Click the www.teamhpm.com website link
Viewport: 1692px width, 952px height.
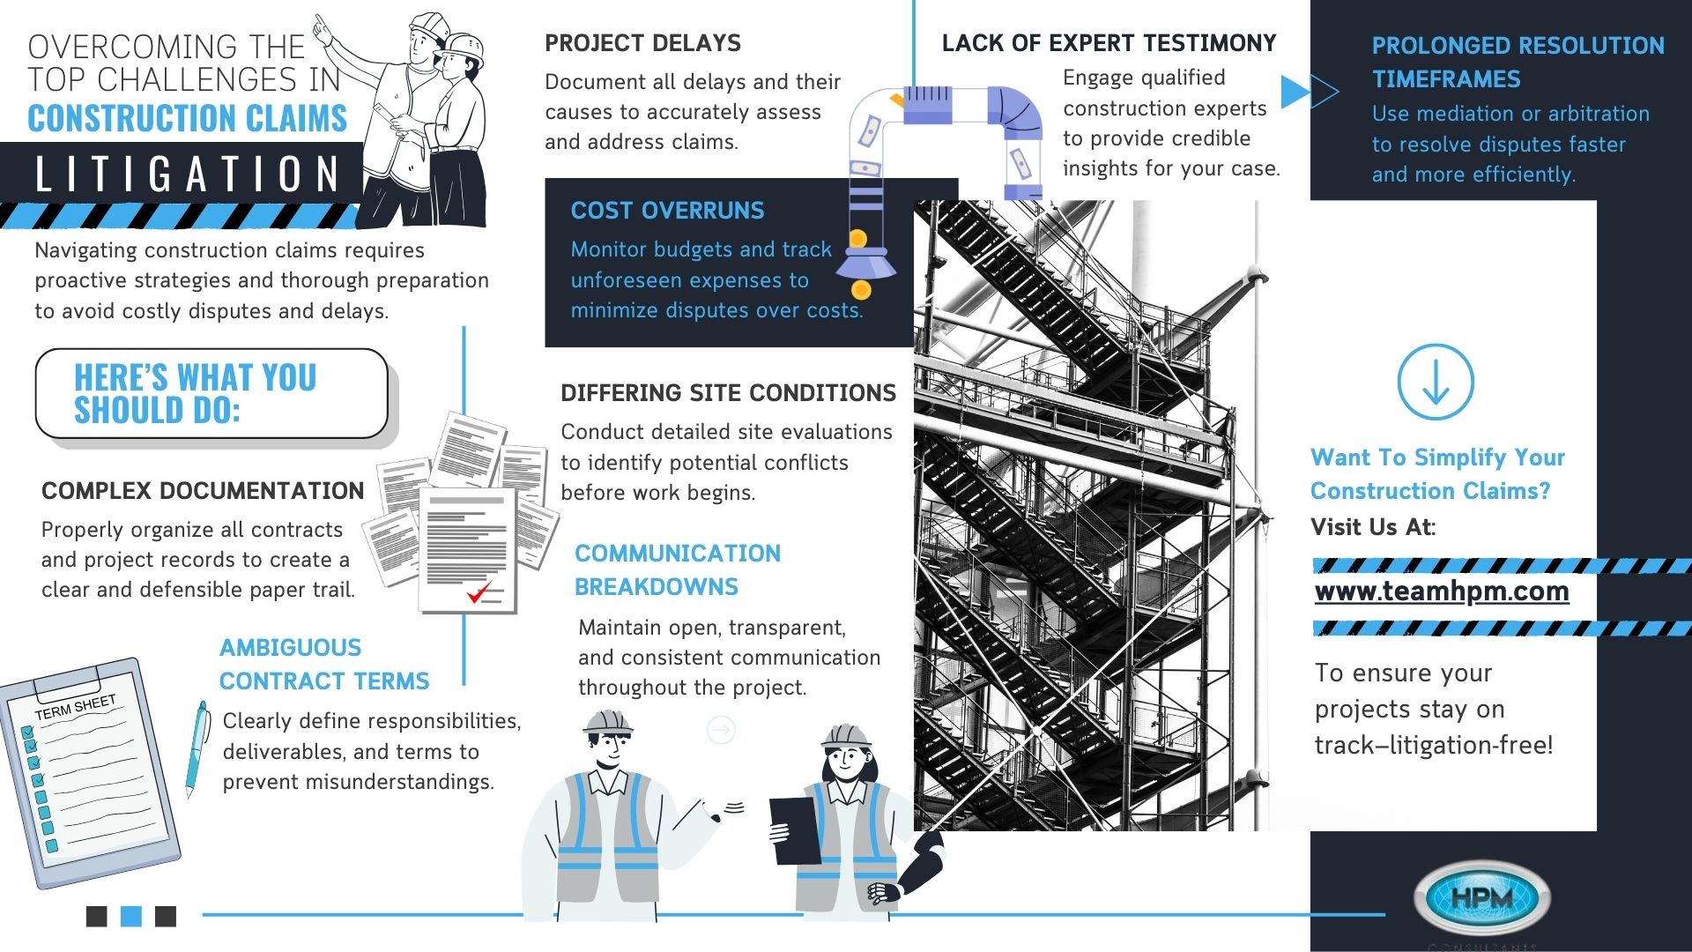click(x=1442, y=591)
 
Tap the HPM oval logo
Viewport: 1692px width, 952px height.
click(x=1481, y=898)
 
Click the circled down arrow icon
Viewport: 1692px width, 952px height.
click(x=1436, y=382)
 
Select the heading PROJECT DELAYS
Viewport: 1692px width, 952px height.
click(x=642, y=43)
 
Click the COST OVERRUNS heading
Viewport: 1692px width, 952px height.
click(x=667, y=211)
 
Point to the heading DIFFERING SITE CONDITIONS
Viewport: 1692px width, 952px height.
click(x=728, y=393)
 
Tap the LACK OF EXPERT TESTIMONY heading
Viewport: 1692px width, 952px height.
click(x=1109, y=43)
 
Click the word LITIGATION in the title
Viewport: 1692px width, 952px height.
click(x=187, y=174)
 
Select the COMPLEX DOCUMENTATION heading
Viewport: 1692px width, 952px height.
click(x=203, y=491)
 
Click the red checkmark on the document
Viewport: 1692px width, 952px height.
click(x=479, y=592)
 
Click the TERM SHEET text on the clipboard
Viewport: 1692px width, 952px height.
click(x=75, y=707)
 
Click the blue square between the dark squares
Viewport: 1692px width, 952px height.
click(x=131, y=916)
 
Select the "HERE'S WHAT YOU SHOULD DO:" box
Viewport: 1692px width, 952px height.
click(x=211, y=394)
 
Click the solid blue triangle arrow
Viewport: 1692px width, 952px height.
click(x=1293, y=91)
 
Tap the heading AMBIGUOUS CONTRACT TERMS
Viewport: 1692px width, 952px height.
click(x=323, y=665)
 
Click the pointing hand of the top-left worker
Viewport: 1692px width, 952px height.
click(x=323, y=29)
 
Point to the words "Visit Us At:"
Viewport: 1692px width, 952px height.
click(x=1373, y=527)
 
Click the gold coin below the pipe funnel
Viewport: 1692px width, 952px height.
click(x=861, y=289)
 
